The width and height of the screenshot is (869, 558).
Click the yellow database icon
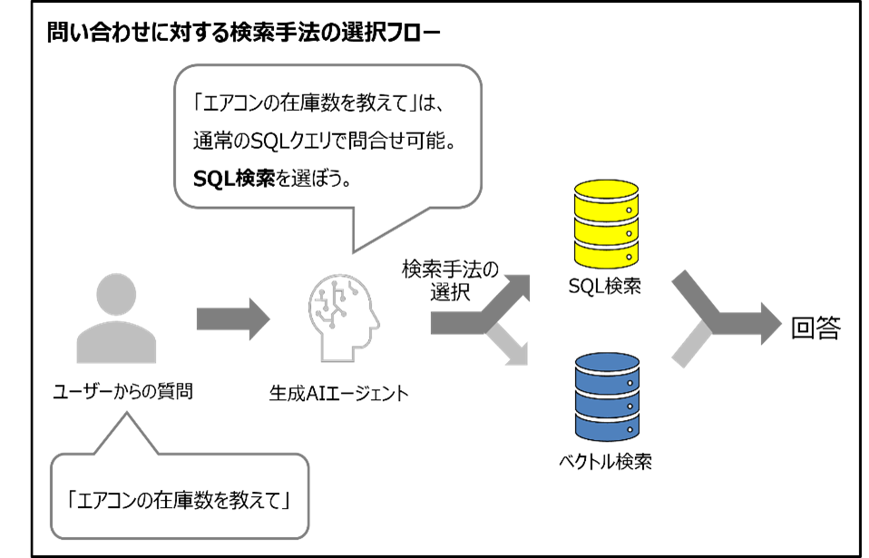coord(607,223)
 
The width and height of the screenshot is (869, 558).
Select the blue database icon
coord(607,396)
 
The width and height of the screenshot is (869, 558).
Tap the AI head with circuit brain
coord(344,318)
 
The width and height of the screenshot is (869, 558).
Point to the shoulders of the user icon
coord(116,344)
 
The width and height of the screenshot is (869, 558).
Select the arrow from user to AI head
coord(232,318)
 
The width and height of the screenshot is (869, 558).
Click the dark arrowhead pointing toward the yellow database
coord(518,288)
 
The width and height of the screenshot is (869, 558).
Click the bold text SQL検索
coord(234,178)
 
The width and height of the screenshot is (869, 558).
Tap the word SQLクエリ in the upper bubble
coord(288,141)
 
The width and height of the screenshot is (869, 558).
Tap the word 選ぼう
coord(319,178)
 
